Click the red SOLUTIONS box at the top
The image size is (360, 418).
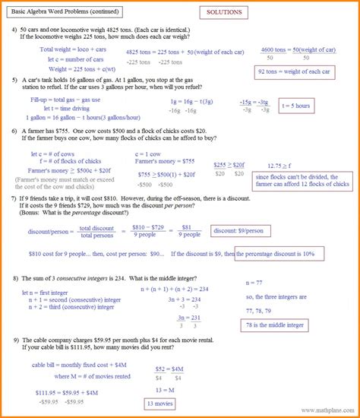coord(227,14)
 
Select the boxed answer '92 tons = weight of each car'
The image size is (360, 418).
coord(295,71)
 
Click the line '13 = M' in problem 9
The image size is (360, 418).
coord(165,388)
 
